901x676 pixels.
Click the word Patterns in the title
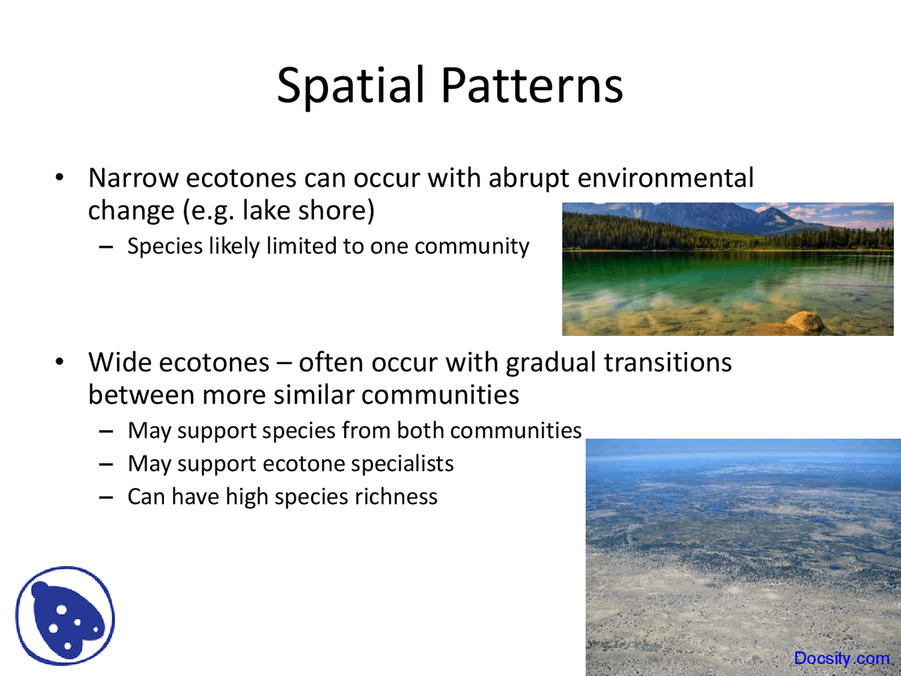click(532, 85)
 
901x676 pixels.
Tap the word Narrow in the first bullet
click(134, 178)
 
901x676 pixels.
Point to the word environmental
click(665, 177)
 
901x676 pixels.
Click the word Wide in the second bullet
click(120, 363)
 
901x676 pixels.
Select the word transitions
click(668, 363)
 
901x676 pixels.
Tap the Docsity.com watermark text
click(842, 658)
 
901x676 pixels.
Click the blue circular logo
click(65, 615)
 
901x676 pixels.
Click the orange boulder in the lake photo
click(805, 323)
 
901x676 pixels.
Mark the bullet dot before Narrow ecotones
click(60, 177)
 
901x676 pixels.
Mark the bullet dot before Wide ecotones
click(60, 362)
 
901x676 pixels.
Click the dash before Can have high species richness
click(106, 497)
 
